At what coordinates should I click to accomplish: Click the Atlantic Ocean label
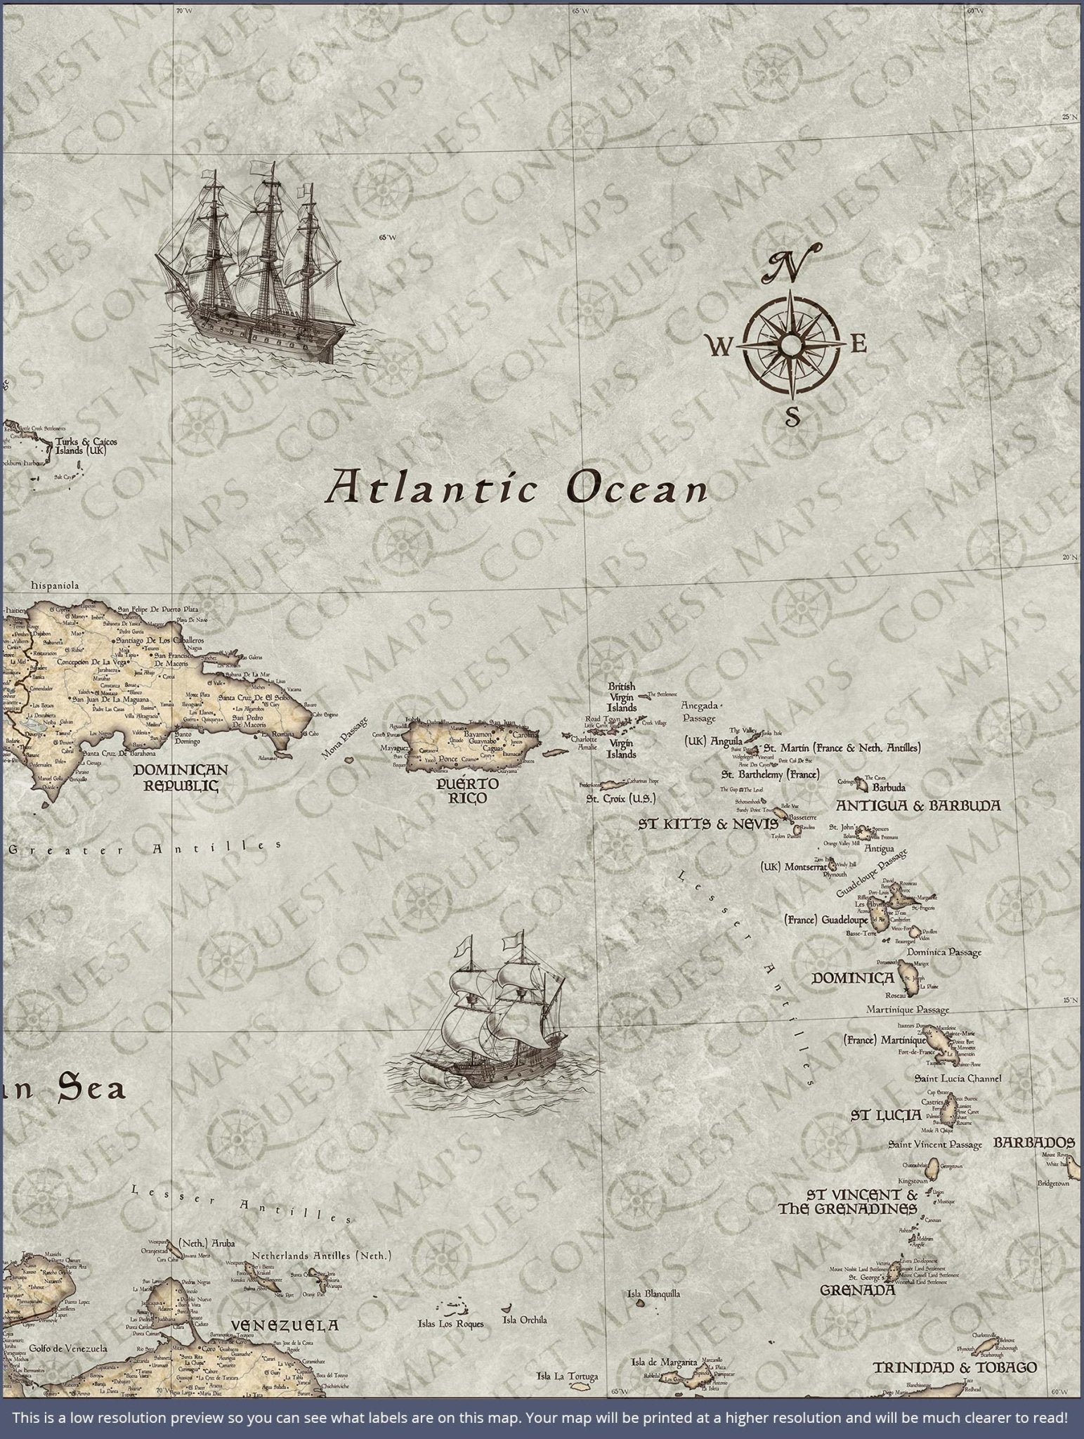pos(516,487)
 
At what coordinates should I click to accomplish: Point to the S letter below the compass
pos(792,417)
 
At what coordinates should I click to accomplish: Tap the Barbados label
pos(1034,1142)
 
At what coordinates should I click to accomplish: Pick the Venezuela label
pos(285,1325)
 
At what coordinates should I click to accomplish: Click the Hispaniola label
pos(55,585)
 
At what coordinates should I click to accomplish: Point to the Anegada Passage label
pos(698,712)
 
